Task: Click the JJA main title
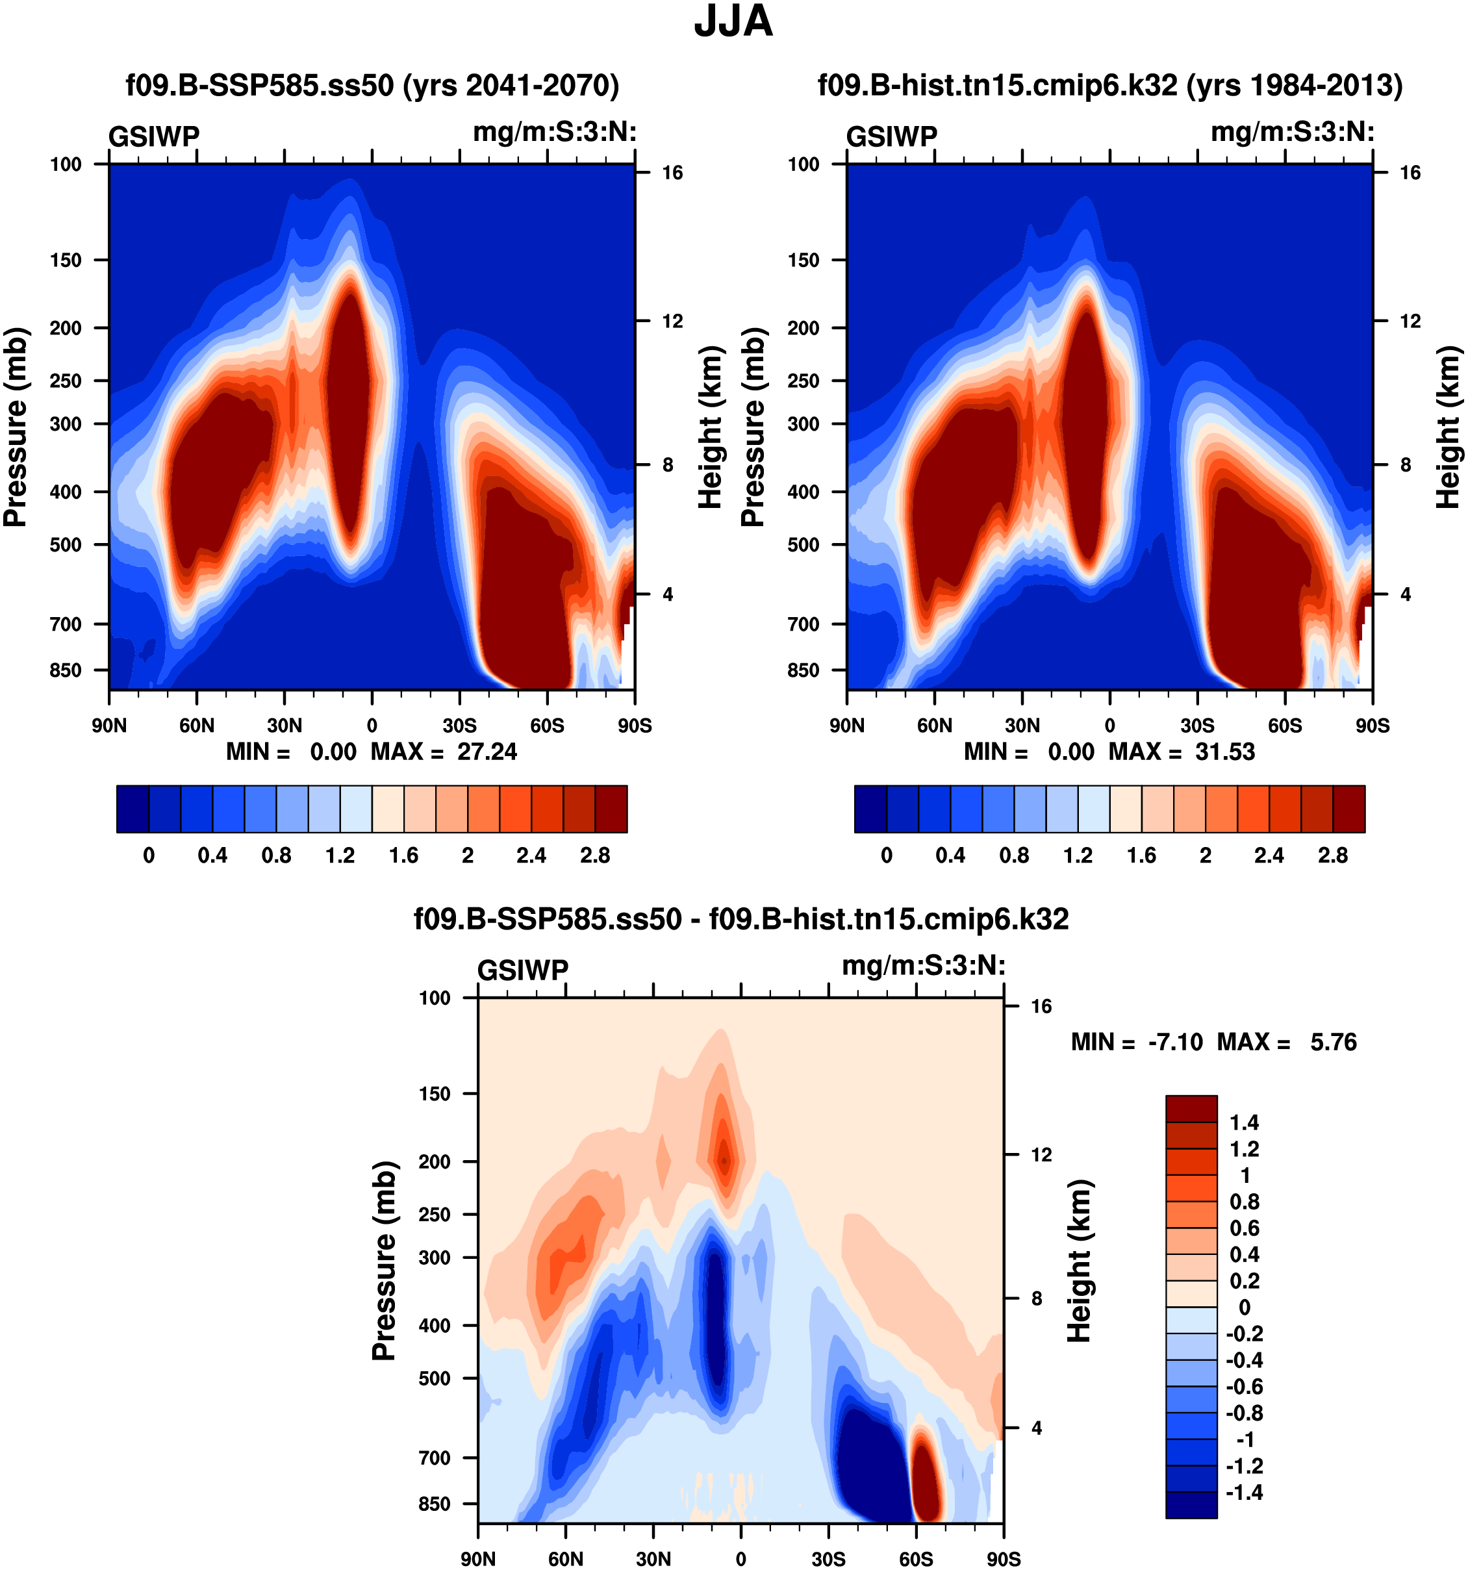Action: [733, 22]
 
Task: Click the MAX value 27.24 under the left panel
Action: [487, 752]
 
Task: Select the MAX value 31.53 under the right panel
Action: [1225, 752]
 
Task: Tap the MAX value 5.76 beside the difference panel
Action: [1333, 1043]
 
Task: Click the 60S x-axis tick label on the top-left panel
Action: [547, 726]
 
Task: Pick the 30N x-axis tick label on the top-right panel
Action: [1022, 726]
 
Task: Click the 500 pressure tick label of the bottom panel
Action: [435, 1378]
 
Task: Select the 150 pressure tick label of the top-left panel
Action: [66, 260]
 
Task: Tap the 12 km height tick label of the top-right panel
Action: [1410, 322]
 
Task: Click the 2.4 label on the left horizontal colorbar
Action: [531, 856]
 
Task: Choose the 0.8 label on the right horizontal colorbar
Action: [1014, 856]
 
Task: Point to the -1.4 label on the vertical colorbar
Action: [1244, 1493]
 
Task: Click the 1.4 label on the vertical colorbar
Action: [1244, 1123]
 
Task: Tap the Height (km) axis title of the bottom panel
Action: [1080, 1261]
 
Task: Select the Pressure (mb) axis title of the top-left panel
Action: [16, 427]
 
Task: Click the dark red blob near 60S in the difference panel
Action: [926, 1477]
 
